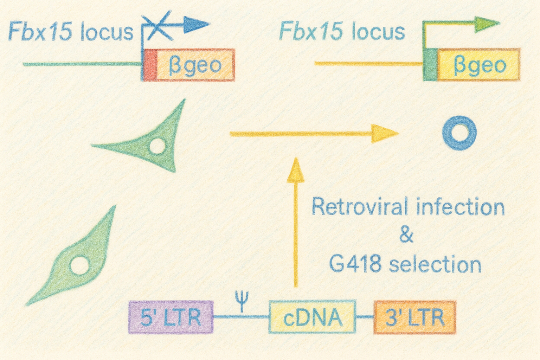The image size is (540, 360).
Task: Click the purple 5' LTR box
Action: [x=171, y=317]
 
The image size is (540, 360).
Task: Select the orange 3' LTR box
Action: [x=415, y=317]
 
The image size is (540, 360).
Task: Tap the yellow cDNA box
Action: [x=312, y=317]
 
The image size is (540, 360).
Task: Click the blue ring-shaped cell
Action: [x=459, y=134]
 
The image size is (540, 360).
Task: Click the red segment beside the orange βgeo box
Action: [x=150, y=65]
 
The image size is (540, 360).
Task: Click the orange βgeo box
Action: [x=195, y=65]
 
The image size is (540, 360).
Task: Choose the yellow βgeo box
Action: [x=478, y=65]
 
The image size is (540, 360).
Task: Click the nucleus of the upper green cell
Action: [x=157, y=146]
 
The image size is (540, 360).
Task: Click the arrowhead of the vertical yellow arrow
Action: [x=295, y=170]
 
